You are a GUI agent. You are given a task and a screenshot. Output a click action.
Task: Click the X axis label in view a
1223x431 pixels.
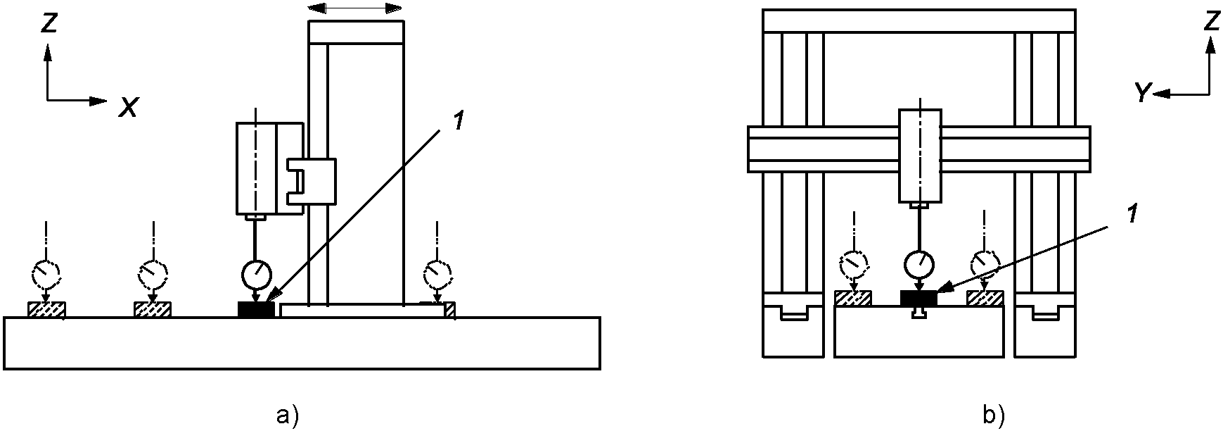[x=128, y=107]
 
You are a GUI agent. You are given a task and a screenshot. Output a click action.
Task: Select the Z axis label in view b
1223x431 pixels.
[x=1210, y=22]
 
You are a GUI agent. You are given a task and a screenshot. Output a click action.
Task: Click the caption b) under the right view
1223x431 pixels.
[x=992, y=416]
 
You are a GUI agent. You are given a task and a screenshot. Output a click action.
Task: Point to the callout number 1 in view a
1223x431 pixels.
[x=458, y=121]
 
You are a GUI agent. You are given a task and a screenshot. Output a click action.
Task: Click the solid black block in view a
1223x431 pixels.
[x=257, y=309]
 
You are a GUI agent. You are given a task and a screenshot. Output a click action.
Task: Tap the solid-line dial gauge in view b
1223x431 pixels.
[x=920, y=265]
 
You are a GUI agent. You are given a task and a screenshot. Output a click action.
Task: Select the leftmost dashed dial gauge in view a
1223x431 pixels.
[x=46, y=271]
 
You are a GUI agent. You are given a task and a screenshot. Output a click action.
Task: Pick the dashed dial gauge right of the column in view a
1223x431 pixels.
[x=439, y=271]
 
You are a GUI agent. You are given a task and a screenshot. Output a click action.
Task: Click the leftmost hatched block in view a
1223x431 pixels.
[x=46, y=309]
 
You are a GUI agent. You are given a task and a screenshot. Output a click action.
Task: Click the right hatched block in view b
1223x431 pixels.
[x=985, y=298]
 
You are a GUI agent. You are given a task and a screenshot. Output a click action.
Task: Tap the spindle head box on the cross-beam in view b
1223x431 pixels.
[x=920, y=155]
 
